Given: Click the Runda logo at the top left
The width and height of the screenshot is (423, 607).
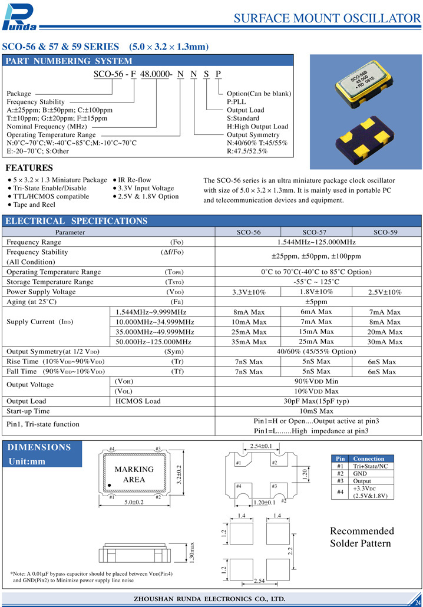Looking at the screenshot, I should pyautogui.click(x=20, y=17).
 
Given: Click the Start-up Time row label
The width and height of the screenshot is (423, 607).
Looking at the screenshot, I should pyautogui.click(x=28, y=411).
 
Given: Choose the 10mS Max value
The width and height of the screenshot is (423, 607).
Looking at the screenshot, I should pyautogui.click(x=317, y=411).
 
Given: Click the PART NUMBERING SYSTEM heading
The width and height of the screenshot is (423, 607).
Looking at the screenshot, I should pyautogui.click(x=68, y=61).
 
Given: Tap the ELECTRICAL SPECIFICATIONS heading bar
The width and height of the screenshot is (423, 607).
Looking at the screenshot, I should pyautogui.click(x=76, y=221).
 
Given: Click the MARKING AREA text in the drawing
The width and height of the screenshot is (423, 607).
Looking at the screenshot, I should pyautogui.click(x=134, y=474).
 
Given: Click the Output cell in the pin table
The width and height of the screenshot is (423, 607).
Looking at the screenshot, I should pyautogui.click(x=361, y=481).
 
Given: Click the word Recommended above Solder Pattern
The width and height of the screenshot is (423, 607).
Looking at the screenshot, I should pyautogui.click(x=362, y=531).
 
